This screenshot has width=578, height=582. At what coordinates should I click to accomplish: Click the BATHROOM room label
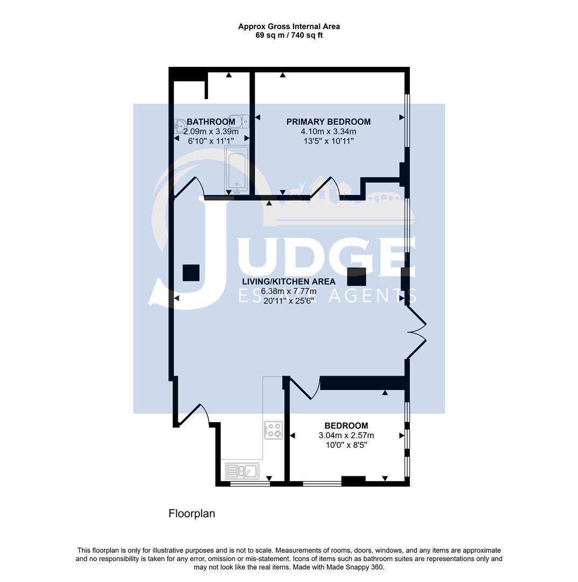coord(211,122)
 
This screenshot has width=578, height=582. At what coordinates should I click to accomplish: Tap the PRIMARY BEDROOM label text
coord(328,122)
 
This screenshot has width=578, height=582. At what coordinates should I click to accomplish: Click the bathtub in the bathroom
coord(237,169)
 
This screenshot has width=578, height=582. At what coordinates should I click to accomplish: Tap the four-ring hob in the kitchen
coord(274,429)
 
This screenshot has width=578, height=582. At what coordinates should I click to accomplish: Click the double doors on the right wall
coord(417,332)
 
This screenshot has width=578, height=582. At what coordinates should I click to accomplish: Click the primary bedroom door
coord(325,189)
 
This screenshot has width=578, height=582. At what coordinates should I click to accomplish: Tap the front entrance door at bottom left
coord(193,415)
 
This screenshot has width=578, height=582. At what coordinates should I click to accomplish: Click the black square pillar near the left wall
coord(191,273)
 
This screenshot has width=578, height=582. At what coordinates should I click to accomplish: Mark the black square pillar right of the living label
coord(357,276)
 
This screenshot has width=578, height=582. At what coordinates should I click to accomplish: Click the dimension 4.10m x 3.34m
coord(328,131)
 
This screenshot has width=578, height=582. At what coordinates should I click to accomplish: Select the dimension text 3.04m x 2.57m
coord(346,435)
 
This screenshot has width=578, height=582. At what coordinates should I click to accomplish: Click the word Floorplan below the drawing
coord(192,514)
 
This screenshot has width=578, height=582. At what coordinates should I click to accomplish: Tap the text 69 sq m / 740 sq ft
coord(289,36)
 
